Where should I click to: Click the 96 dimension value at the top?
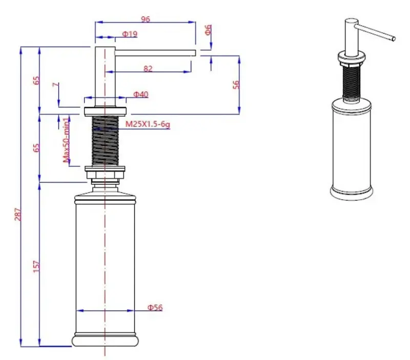[x=146, y=19]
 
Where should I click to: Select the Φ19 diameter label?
[x=130, y=34]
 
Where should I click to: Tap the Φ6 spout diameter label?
[x=208, y=30]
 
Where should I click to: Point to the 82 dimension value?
[x=148, y=68]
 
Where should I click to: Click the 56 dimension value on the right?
[x=236, y=84]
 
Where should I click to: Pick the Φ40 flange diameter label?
[x=141, y=94]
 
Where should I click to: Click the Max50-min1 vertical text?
[x=67, y=140]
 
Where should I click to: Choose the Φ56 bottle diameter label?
[x=155, y=308]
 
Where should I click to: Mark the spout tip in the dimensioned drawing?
[x=194, y=52]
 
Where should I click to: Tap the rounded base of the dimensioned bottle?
[x=105, y=341]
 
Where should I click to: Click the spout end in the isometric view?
[x=393, y=38]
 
